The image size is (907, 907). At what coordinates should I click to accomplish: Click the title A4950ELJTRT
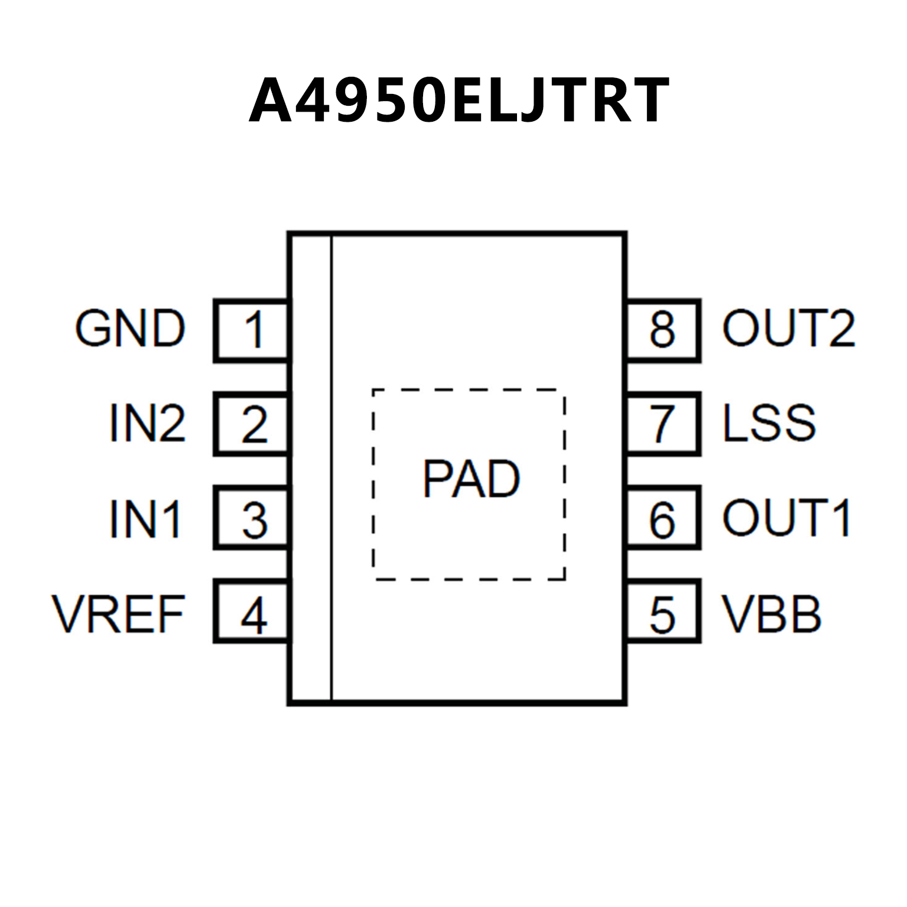point(459,101)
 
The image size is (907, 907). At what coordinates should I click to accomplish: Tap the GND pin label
point(130,329)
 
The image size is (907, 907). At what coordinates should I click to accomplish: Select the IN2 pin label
point(147,423)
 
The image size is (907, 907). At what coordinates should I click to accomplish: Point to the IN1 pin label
point(145,519)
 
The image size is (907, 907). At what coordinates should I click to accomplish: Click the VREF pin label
point(119,614)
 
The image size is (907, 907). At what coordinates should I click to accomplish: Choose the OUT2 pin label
point(788,329)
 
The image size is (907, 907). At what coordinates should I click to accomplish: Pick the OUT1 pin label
point(786,518)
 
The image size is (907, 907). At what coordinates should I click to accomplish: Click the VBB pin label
point(772,614)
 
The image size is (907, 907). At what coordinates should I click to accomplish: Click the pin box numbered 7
point(663,424)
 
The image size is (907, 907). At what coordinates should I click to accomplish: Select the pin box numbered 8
point(663,330)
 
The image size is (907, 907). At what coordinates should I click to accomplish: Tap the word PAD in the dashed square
point(471,479)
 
